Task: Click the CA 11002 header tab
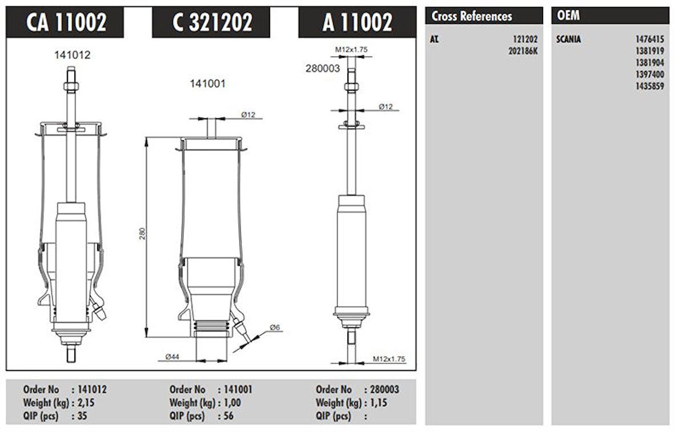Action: pos(65,22)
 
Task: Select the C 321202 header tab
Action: pos(211,22)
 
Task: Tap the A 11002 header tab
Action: pos(357,22)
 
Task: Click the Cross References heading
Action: pos(472,17)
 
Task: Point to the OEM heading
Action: pos(568,15)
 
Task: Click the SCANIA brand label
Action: pos(568,39)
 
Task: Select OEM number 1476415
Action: pos(649,39)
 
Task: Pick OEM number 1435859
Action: pos(649,86)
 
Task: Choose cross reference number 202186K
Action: pos(523,51)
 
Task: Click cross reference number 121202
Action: pos(525,39)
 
